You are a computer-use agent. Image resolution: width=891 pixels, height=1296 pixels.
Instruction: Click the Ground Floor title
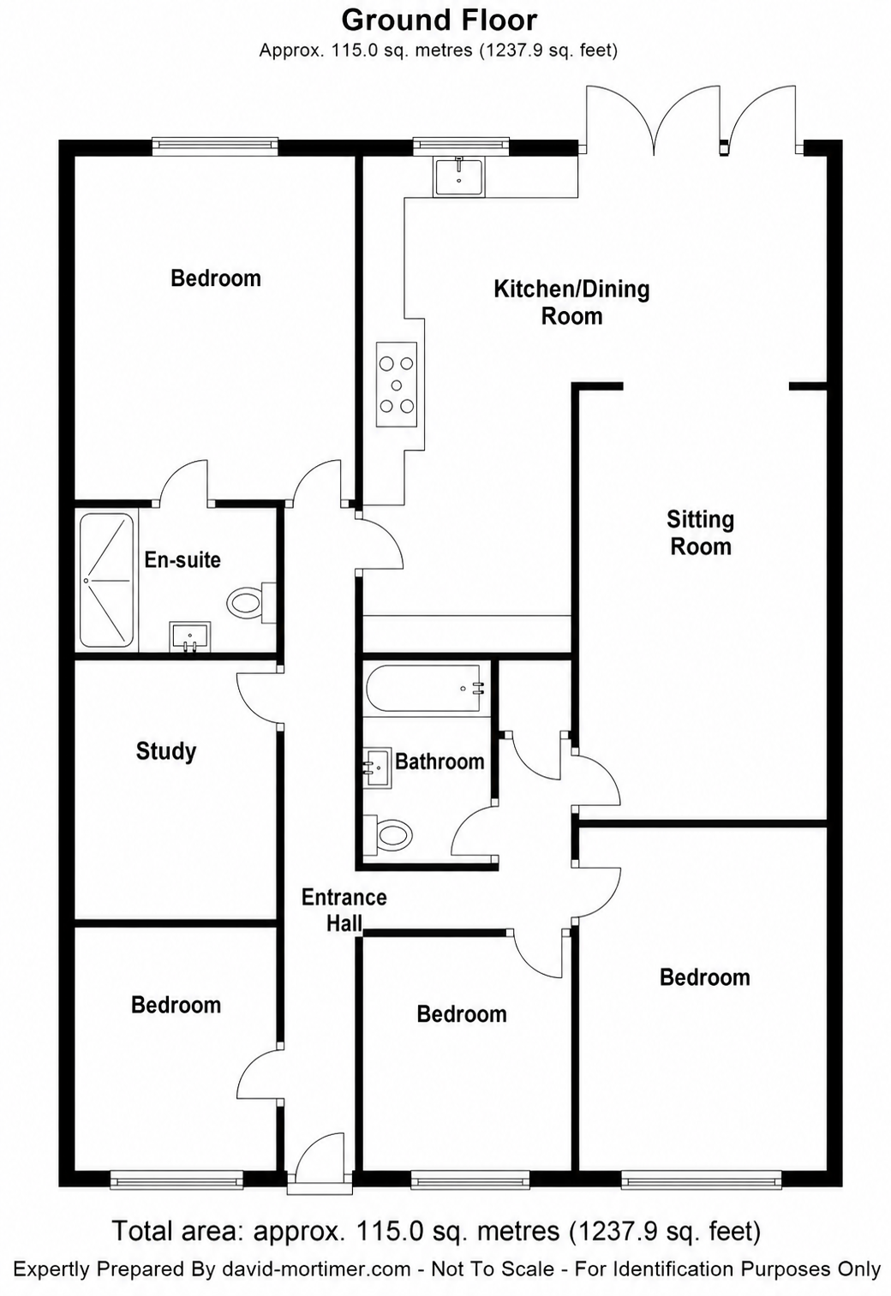(440, 21)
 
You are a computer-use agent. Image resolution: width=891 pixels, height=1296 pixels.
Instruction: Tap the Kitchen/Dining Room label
(571, 302)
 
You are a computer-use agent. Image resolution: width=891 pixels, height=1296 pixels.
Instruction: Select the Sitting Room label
(700, 533)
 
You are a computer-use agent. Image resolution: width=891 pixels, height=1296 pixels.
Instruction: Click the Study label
(166, 751)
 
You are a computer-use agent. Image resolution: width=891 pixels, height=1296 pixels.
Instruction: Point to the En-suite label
(182, 559)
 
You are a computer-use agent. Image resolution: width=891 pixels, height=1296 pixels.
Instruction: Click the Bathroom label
(440, 761)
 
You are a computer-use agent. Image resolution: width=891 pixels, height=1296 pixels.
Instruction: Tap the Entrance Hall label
(344, 910)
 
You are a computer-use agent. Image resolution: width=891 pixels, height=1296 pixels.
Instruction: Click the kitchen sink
(459, 177)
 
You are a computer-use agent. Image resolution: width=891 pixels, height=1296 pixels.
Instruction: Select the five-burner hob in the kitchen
(397, 385)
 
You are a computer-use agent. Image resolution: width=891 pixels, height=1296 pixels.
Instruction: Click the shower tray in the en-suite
(106, 580)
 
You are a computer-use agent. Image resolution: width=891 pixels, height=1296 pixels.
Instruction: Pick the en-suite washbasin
(190, 637)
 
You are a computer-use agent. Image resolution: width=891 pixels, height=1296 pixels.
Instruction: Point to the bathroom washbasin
(377, 768)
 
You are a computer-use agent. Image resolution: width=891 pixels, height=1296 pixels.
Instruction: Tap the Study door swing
(258, 697)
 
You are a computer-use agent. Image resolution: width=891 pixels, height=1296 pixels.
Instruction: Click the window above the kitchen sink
(461, 146)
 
